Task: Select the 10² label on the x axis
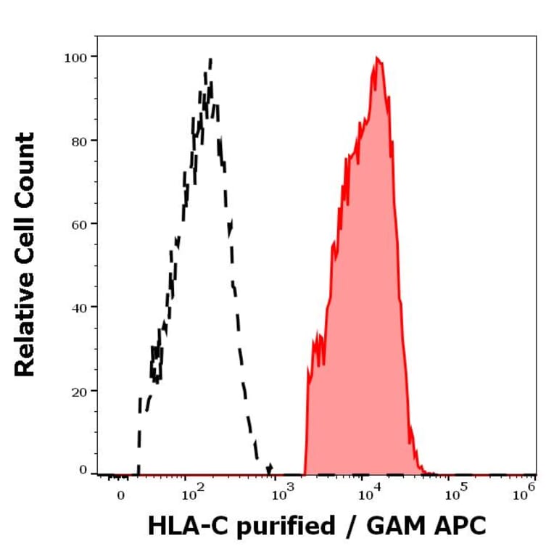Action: coord(191,495)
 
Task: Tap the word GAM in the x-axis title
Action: coord(397,526)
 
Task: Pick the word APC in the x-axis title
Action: coord(460,526)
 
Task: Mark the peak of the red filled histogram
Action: coord(376,57)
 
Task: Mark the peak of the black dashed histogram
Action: coord(210,59)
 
